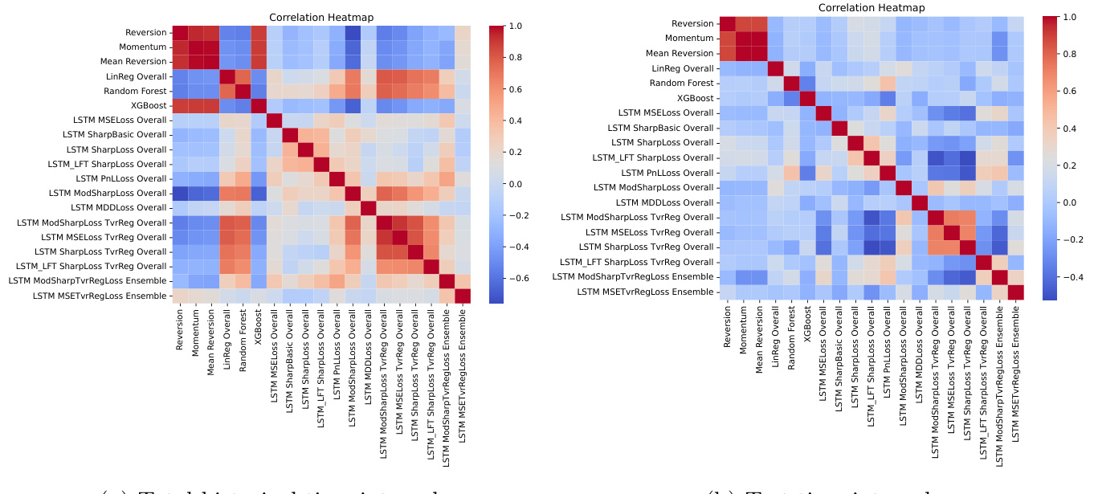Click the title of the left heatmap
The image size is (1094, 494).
321,18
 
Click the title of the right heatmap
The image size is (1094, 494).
872,8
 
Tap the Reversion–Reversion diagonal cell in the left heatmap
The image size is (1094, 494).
181,33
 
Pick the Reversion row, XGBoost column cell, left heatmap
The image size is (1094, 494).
259,33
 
